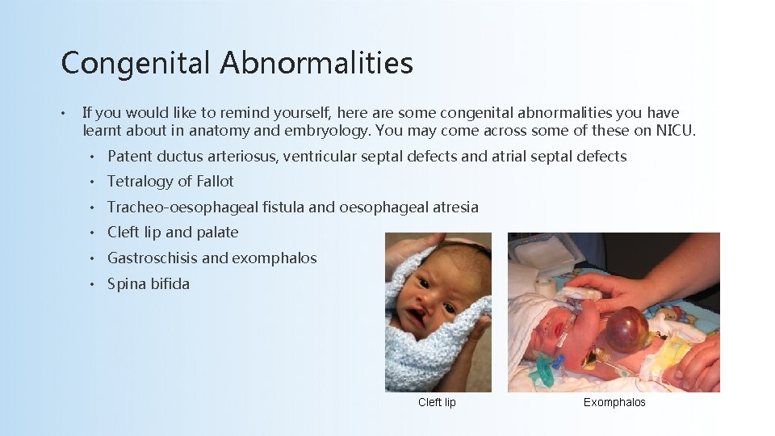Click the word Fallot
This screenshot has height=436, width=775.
click(215, 182)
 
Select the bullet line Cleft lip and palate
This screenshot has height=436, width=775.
click(173, 233)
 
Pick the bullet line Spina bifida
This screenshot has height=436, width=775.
click(149, 284)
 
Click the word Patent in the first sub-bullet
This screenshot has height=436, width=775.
click(130, 157)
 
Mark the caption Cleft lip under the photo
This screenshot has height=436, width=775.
click(437, 402)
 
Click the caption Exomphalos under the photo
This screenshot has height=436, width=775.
click(614, 402)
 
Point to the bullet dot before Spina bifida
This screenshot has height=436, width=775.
click(94, 284)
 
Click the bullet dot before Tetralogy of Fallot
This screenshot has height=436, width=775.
click(94, 182)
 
